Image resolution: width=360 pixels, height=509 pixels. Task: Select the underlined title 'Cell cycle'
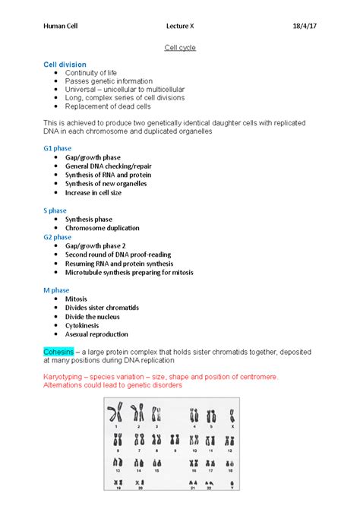180,48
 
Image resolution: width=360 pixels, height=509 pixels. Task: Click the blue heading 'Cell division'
65,65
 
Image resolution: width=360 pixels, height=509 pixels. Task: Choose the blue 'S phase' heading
55,210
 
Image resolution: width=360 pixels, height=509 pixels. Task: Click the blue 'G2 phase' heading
58,237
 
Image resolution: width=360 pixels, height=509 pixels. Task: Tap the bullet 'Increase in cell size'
99,193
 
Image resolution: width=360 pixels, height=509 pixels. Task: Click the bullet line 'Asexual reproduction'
96,334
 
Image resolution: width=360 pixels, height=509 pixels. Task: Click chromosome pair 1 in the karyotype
116,415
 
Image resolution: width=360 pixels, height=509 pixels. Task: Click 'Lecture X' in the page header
180,27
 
